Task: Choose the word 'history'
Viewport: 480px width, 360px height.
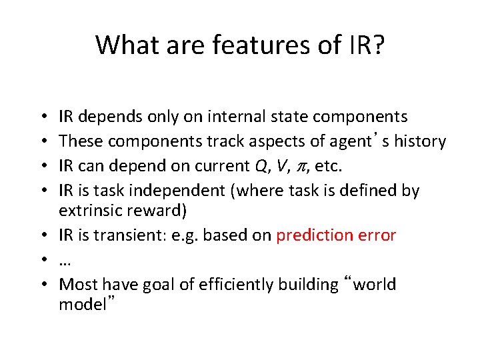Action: (x=419, y=141)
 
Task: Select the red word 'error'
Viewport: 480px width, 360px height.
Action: (x=375, y=235)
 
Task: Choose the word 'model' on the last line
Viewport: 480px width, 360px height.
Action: (x=81, y=305)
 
